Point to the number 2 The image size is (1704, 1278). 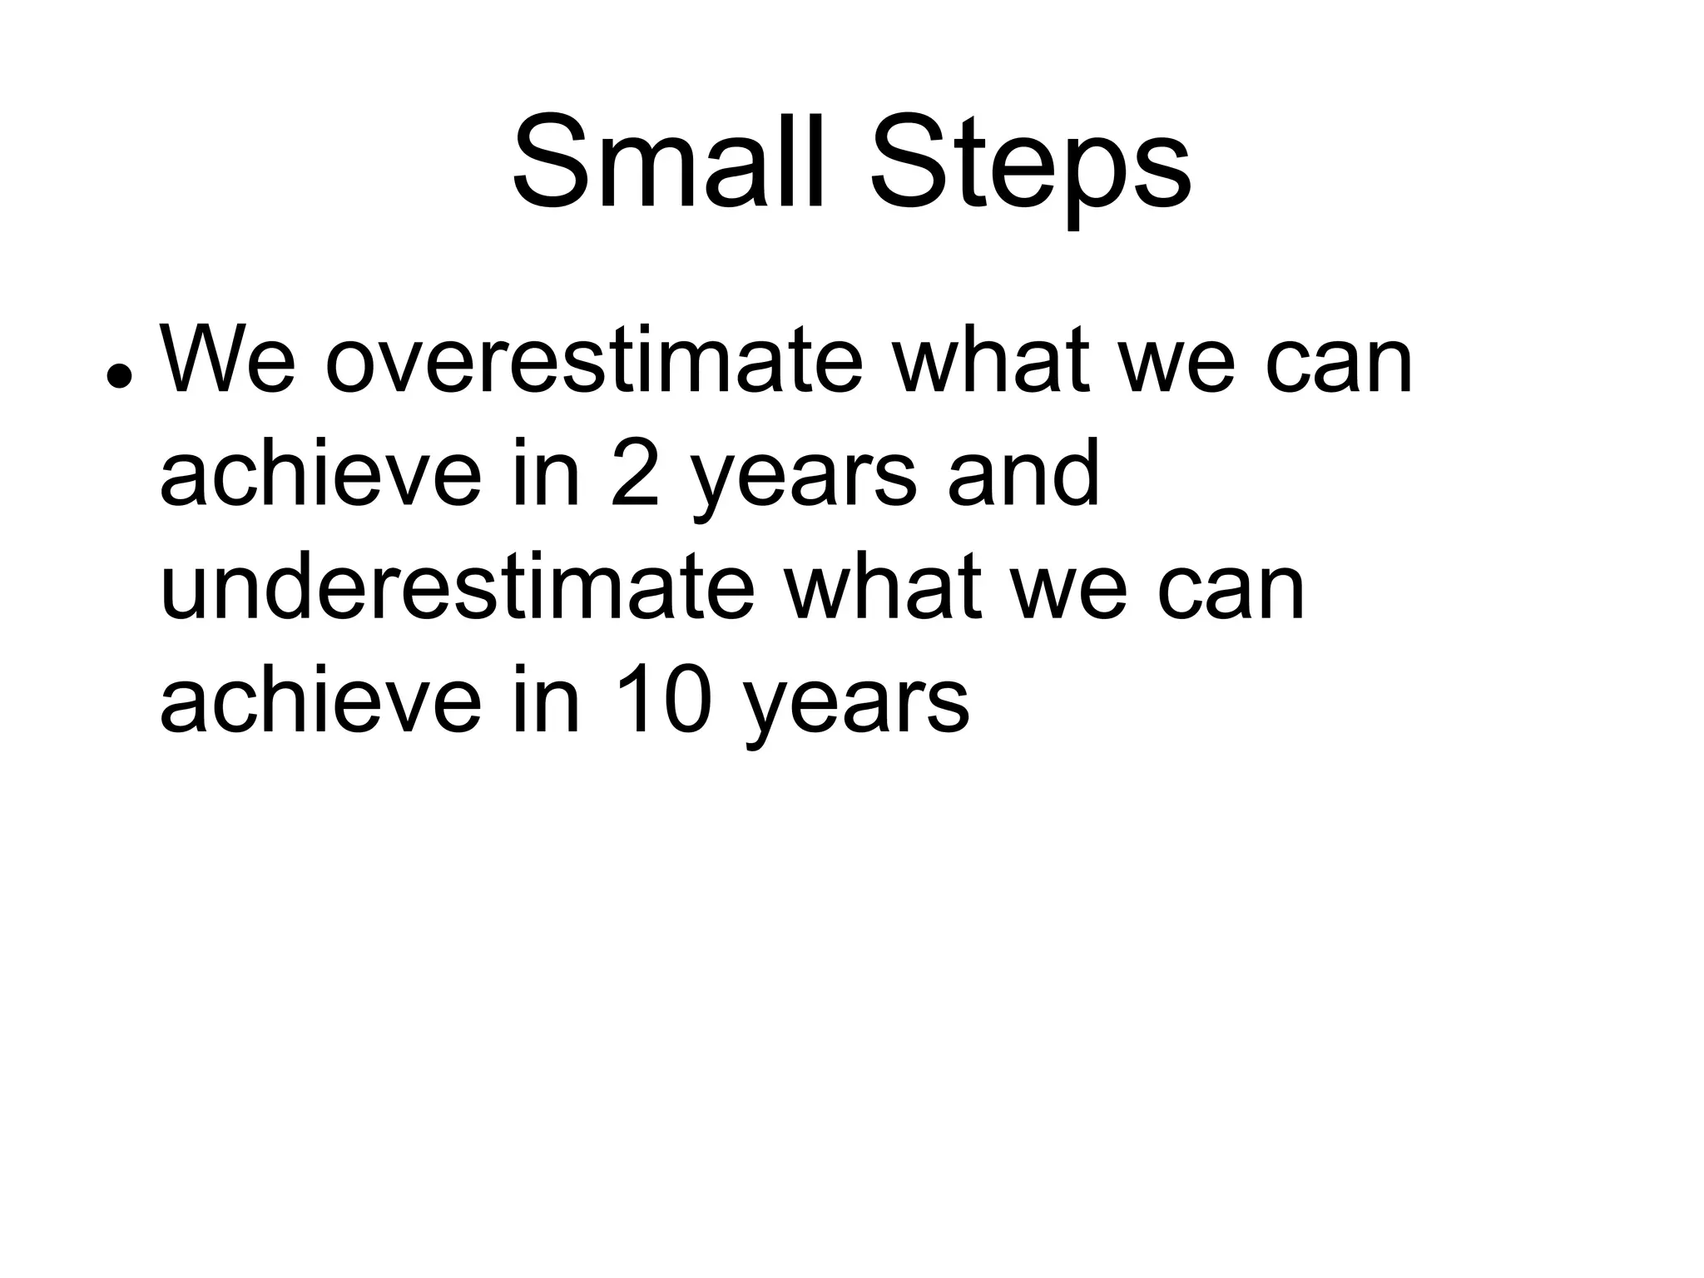pos(636,474)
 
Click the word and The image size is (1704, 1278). pos(1024,474)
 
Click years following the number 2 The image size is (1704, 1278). pos(804,483)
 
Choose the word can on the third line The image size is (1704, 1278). pos(1231,596)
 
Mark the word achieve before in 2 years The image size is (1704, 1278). pos(320,474)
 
